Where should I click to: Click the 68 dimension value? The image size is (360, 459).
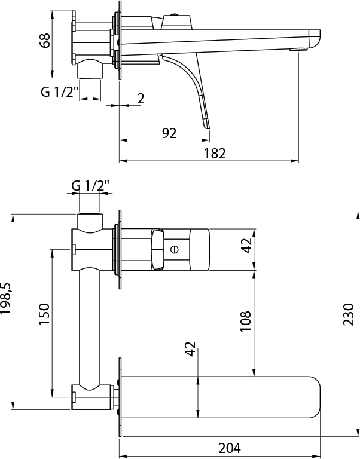(x=45, y=41)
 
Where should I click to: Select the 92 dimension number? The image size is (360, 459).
(x=169, y=133)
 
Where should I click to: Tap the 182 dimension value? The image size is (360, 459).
(x=215, y=154)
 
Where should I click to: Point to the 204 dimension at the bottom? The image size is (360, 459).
(x=230, y=448)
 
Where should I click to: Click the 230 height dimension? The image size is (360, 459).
(x=349, y=314)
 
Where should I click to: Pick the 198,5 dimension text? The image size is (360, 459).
(x=5, y=299)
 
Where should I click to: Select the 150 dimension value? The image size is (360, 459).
(x=44, y=314)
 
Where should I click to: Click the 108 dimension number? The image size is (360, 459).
(x=245, y=321)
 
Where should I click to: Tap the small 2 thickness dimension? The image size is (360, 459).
(x=141, y=99)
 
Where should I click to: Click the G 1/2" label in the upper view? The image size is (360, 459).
(x=60, y=92)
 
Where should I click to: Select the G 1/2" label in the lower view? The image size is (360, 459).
(x=90, y=186)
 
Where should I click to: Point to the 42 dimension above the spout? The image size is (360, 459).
(x=190, y=348)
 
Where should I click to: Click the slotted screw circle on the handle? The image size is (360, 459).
(x=175, y=249)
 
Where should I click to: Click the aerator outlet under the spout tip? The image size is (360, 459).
(x=298, y=50)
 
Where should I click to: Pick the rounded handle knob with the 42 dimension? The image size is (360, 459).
(x=200, y=249)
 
